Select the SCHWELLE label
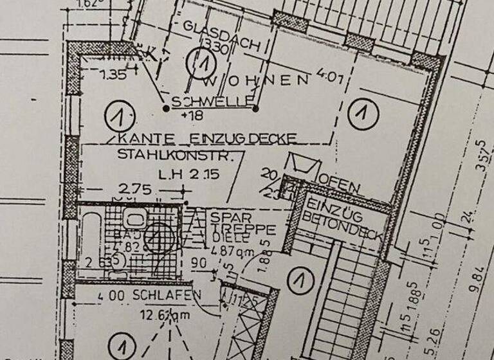coord(212,102)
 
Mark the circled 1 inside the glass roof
coord(203,63)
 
